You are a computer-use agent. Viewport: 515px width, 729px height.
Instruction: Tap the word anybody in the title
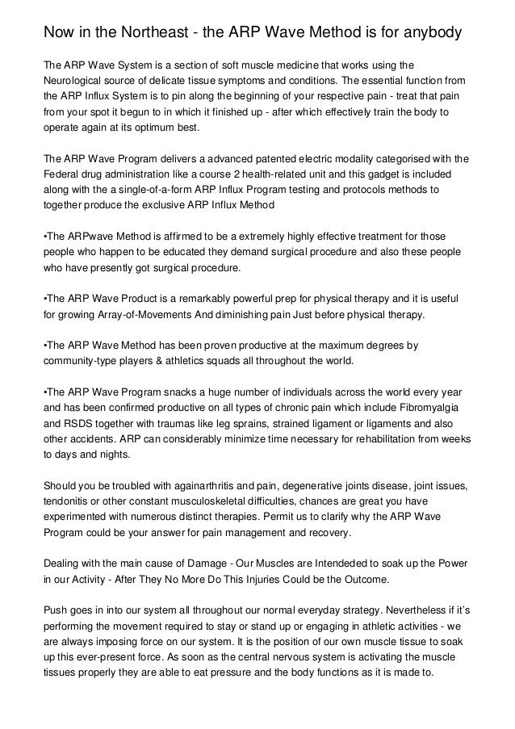[x=427, y=33]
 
